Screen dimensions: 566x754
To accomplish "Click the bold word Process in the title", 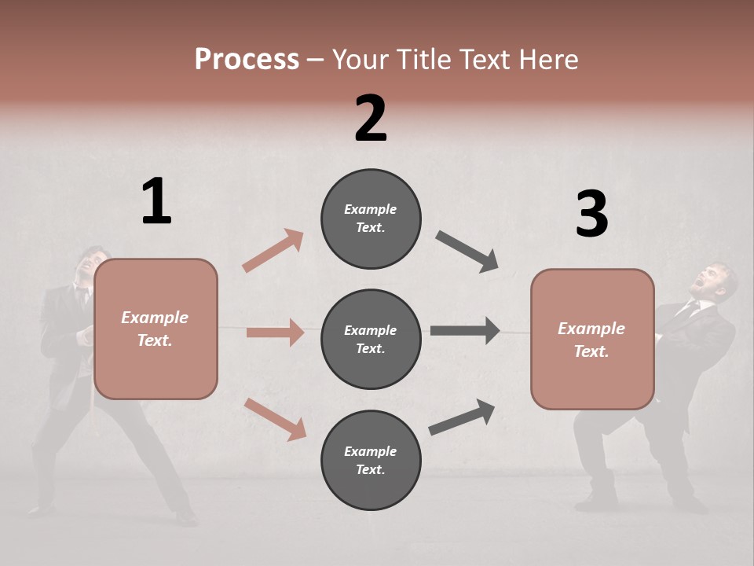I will (247, 59).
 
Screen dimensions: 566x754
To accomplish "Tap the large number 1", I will (156, 201).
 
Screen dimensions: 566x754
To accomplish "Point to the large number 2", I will (371, 118).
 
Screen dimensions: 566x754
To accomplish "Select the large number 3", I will (591, 214).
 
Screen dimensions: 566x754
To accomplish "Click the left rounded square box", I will (156, 329).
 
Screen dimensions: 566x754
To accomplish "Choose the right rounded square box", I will (592, 340).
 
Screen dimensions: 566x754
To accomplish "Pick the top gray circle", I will (371, 219).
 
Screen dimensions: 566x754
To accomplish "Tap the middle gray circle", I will (371, 339).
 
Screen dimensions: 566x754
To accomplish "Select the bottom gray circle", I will (371, 460).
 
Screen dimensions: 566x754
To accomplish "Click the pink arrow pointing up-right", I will (273, 250).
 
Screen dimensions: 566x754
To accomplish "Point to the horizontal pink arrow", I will (275, 333).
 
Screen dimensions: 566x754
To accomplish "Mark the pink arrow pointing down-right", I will (276, 419).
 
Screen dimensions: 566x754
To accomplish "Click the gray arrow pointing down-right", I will (467, 252).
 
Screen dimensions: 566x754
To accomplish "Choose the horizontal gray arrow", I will (465, 331).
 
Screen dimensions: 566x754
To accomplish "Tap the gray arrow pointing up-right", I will (463, 417).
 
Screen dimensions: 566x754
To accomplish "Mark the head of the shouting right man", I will (716, 279).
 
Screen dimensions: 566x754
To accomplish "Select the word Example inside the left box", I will (155, 318).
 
